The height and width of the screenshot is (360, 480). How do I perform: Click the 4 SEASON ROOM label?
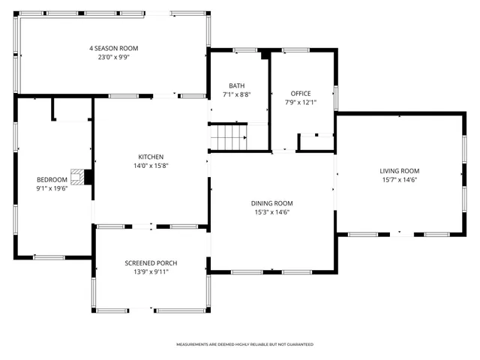pyautogui.click(x=113, y=48)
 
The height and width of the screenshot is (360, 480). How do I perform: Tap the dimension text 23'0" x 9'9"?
pyautogui.click(x=113, y=57)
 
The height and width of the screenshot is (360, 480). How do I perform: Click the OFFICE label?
pyautogui.click(x=301, y=93)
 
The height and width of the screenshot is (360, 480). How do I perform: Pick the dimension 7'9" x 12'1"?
pyautogui.click(x=301, y=102)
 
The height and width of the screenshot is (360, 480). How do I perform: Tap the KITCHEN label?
pyautogui.click(x=151, y=157)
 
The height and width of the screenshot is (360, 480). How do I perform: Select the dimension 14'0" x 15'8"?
pyautogui.click(x=151, y=166)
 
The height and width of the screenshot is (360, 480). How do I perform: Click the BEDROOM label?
pyautogui.click(x=52, y=179)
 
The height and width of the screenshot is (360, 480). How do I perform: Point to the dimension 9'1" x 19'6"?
pyautogui.click(x=52, y=188)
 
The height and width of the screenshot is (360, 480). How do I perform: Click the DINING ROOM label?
pyautogui.click(x=271, y=203)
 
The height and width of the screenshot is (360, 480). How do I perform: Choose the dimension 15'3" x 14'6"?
pyautogui.click(x=271, y=212)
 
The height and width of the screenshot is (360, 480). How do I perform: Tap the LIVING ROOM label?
pyautogui.click(x=399, y=171)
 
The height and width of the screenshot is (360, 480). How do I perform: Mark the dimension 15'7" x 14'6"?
pyautogui.click(x=399, y=180)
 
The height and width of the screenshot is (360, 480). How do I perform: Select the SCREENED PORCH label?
pyautogui.click(x=151, y=263)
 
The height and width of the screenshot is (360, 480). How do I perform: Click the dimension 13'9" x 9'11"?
pyautogui.click(x=151, y=272)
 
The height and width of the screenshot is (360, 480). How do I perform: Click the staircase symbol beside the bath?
pyautogui.click(x=228, y=137)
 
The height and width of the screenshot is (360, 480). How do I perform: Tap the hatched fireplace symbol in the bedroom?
pyautogui.click(x=78, y=177)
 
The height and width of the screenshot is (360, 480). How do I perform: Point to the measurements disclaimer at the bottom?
pyautogui.click(x=244, y=344)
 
